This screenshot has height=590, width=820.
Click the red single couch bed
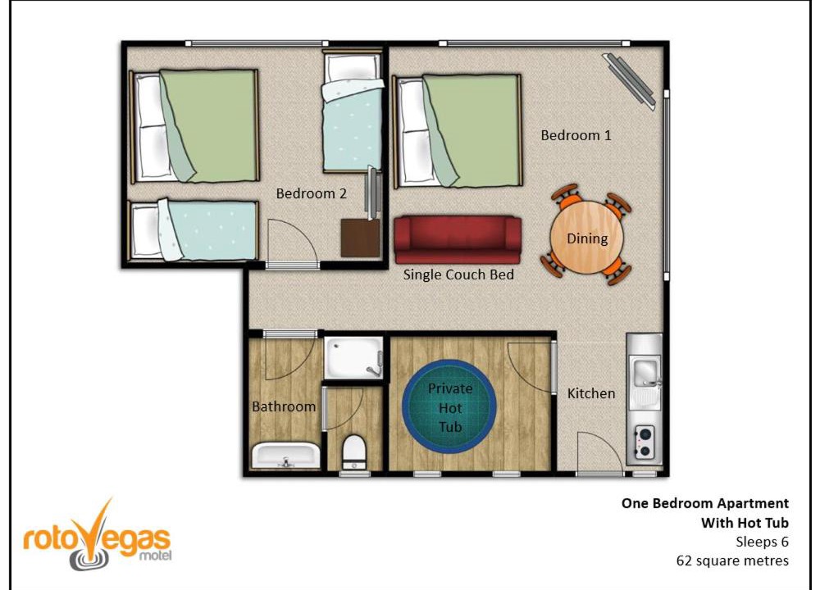[x=458, y=240]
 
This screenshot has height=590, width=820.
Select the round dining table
[x=587, y=238]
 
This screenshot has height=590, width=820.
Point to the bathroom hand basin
[x=286, y=456]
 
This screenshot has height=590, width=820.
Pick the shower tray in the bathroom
[x=354, y=358]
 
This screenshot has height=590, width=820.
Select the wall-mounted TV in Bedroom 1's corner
[x=629, y=80]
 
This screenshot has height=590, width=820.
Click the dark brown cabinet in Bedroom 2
[x=360, y=238]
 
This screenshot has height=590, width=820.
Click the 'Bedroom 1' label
[x=576, y=135]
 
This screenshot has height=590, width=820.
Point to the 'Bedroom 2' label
[x=311, y=194]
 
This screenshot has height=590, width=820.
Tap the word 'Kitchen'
[x=591, y=393]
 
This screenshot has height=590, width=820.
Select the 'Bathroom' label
[x=284, y=406]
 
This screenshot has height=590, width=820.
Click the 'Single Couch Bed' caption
[x=458, y=275]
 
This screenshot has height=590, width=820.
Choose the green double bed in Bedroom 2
[x=195, y=126]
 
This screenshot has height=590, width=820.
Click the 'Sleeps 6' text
[x=762, y=542]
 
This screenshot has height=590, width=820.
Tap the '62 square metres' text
[x=732, y=561]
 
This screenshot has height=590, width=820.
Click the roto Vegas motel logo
[x=98, y=536]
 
